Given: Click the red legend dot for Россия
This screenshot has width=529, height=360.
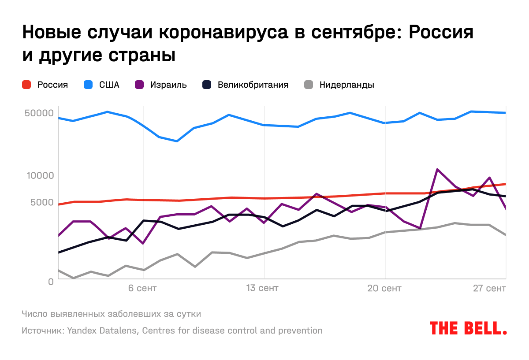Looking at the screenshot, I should pyautogui.click(x=26, y=85).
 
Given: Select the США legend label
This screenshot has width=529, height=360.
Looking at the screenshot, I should pyautogui.click(x=109, y=85).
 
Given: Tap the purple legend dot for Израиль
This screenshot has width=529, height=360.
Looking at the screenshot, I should pyautogui.click(x=139, y=85).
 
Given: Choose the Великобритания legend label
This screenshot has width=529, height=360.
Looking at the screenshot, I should pyautogui.click(x=253, y=85).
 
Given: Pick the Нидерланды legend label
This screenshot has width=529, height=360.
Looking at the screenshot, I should pyautogui.click(x=346, y=85).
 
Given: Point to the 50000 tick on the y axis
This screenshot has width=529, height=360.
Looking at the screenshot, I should pyautogui.click(x=39, y=113).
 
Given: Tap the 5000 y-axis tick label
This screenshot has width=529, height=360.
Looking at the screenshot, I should pyautogui.click(x=41, y=202).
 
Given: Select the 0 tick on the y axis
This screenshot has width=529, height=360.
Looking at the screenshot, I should pyautogui.click(x=51, y=281).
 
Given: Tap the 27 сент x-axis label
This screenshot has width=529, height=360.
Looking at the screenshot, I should pyautogui.click(x=490, y=289).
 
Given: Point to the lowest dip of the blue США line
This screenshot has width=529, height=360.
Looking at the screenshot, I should pyautogui.click(x=177, y=141).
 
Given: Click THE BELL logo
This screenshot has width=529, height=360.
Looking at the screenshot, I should pyautogui.click(x=468, y=328).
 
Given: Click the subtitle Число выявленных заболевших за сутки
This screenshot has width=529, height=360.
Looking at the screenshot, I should pyautogui.click(x=111, y=314).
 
